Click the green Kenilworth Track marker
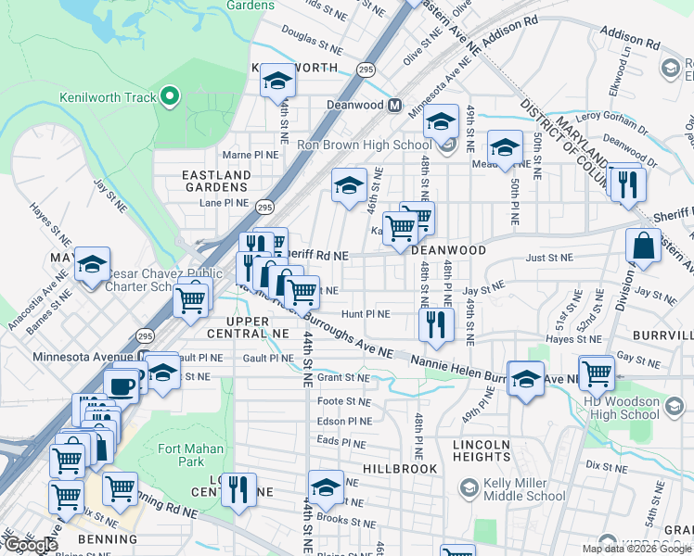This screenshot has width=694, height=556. point(168,96)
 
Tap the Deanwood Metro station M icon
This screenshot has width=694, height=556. point(394,105)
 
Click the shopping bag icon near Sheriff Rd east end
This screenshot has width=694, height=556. point(643,246)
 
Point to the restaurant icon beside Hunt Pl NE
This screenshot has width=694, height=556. point(433,323)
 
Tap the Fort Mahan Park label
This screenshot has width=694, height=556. point(180,455)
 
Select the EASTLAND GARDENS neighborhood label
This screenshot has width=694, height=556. point(216,181)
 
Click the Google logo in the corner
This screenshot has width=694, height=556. point(31,545)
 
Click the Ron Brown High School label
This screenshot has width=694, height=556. point(364,145)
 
